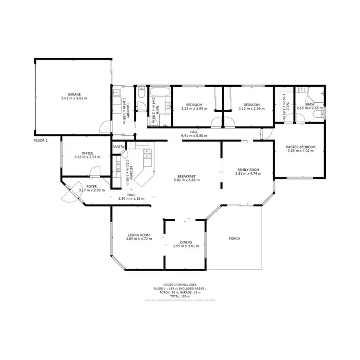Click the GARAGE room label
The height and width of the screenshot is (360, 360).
[x=74, y=94]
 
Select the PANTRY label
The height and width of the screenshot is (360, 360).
[x=119, y=147]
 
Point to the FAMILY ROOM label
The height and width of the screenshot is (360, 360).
[x=248, y=169]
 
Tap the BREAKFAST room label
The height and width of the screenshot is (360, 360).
[x=187, y=176]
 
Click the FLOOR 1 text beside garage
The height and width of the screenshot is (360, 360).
[x=41, y=141]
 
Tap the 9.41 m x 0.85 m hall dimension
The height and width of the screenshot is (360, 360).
[x=194, y=136]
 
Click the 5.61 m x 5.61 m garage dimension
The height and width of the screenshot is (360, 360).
[x=74, y=98]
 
